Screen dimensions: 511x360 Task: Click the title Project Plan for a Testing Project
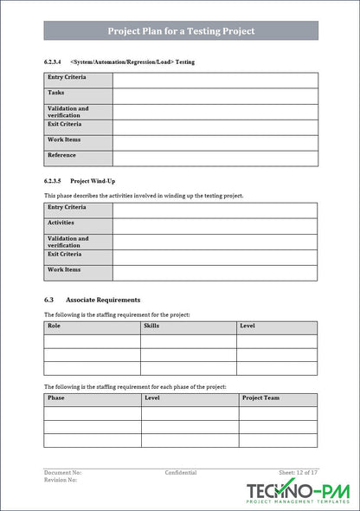pos(181,31)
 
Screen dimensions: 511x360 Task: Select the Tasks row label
pos(56,93)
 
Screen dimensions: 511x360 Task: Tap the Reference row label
pos(62,156)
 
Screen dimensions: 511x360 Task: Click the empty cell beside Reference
pos(214,158)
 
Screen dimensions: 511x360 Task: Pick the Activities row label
pos(62,223)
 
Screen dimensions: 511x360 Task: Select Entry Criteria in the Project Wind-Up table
pos(67,208)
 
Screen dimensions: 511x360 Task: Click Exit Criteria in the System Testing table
pos(65,124)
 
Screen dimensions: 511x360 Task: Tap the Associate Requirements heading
pos(104,300)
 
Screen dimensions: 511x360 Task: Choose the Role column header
pos(55,327)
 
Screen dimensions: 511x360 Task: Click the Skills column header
pos(151,327)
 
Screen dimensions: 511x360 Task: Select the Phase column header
pos(56,398)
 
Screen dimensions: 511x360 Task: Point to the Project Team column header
pos(260,398)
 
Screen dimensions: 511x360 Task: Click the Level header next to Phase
pos(152,398)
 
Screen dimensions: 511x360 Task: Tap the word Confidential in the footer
pos(181,473)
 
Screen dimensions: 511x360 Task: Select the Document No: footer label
pos(63,473)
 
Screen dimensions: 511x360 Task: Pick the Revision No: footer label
pos(61,480)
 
